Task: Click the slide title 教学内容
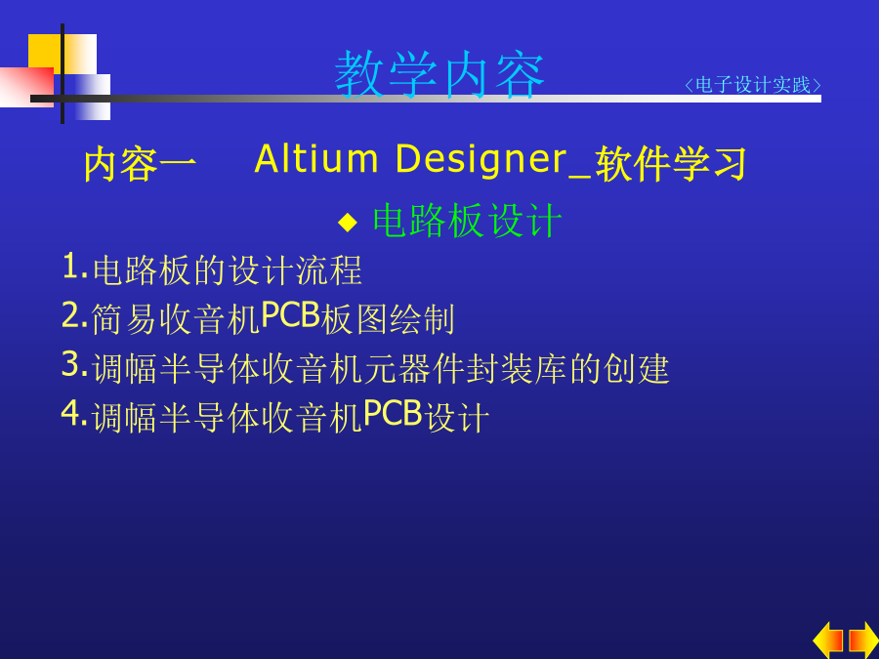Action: click(x=439, y=74)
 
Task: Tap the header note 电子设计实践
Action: click(x=752, y=85)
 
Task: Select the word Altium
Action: click(x=316, y=159)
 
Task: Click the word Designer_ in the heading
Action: click(x=493, y=161)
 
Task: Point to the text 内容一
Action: click(x=140, y=164)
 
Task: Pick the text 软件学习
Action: click(x=671, y=164)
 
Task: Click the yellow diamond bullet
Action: click(x=348, y=222)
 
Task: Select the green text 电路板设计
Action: click(x=468, y=221)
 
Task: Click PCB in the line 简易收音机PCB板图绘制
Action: click(x=290, y=314)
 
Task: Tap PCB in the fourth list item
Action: click(x=393, y=414)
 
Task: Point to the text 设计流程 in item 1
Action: click(x=295, y=270)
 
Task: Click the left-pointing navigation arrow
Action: click(x=828, y=640)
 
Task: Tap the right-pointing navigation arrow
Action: click(x=864, y=640)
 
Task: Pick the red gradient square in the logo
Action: click(x=27, y=87)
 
